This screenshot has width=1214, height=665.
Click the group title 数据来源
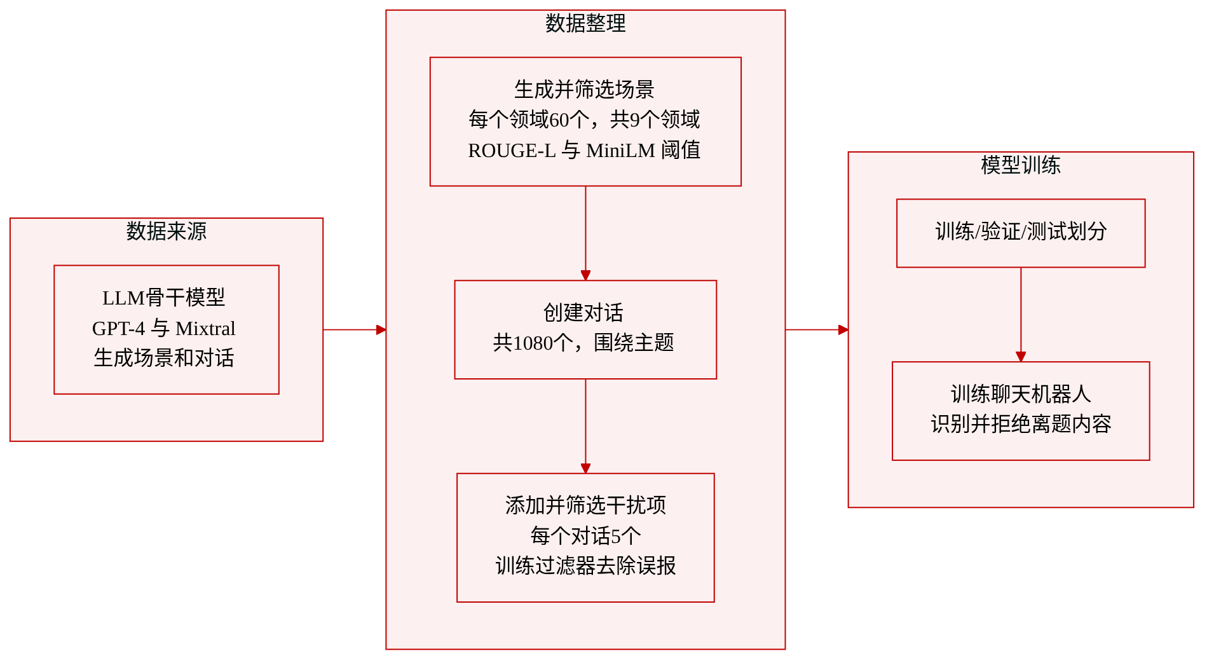[167, 231]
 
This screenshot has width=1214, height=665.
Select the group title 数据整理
[585, 24]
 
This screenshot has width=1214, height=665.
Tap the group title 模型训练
[1021, 165]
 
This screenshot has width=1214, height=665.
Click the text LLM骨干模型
[164, 298]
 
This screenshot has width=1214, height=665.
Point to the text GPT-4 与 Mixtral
[164, 328]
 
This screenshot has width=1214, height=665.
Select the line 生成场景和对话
[164, 358]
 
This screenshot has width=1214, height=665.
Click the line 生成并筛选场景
[585, 90]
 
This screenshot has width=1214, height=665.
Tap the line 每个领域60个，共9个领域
[585, 120]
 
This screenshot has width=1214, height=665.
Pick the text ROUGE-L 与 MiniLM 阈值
[585, 151]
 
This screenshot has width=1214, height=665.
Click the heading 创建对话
[583, 313]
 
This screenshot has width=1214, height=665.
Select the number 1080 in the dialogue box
[533, 343]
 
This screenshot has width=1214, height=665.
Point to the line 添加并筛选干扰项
[585, 505]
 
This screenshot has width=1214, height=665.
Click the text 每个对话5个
[585, 536]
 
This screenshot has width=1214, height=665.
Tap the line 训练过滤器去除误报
[585, 566]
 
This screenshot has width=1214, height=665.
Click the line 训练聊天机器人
[1021, 394]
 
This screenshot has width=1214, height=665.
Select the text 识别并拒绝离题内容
[1021, 424]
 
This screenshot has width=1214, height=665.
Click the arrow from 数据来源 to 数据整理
[355, 330]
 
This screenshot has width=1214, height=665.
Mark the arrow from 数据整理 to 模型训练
[817, 330]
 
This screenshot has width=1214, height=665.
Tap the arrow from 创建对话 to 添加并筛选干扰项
[585, 426]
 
